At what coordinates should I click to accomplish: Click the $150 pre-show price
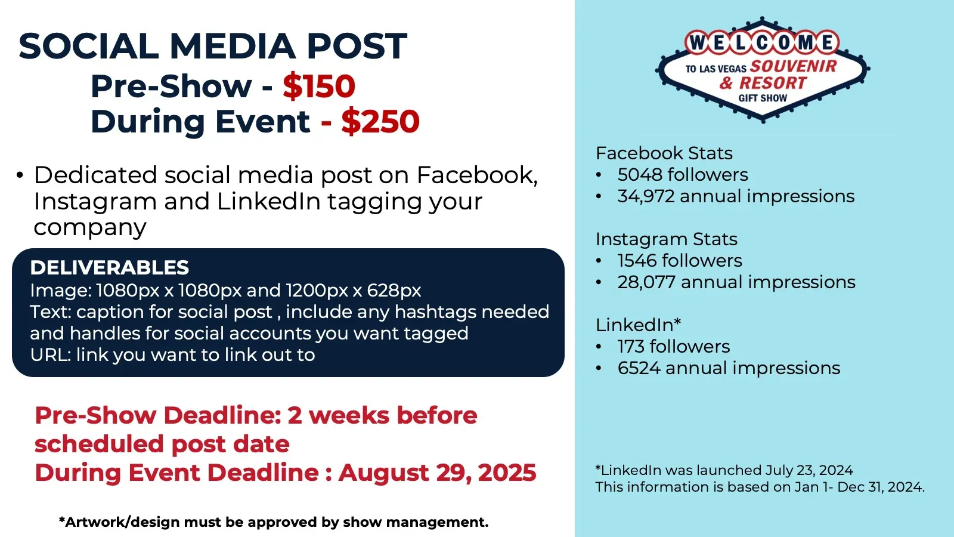(319, 86)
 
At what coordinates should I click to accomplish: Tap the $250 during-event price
(380, 122)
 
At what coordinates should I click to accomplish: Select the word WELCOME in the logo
(762, 42)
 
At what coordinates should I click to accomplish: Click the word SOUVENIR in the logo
(794, 66)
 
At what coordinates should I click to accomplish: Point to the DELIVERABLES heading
(110, 268)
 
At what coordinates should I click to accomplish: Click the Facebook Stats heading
(664, 153)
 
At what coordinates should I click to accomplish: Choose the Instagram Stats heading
(667, 239)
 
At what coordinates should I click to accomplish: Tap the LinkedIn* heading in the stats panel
(638, 325)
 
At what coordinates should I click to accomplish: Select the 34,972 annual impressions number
(646, 196)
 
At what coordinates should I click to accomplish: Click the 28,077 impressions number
(646, 282)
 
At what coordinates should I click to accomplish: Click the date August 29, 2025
(438, 473)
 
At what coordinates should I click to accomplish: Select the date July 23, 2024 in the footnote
(809, 470)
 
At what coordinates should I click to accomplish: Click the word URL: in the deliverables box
(51, 355)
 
